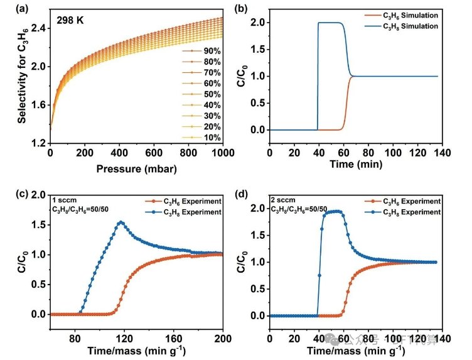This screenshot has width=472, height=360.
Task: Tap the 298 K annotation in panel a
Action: click(x=73, y=21)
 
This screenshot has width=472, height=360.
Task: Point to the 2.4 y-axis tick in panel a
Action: click(x=38, y=28)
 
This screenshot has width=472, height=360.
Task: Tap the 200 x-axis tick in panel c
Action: click(x=222, y=336)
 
